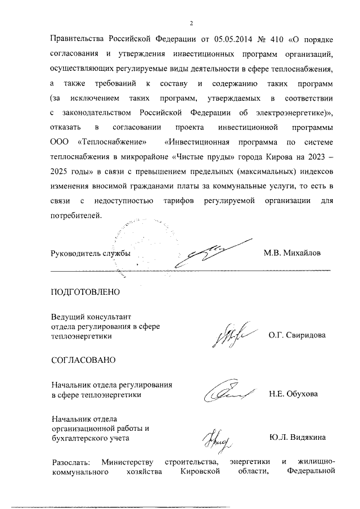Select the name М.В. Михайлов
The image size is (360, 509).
(292, 253)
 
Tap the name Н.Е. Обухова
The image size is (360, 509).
(293, 394)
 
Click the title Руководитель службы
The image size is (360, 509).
(91, 253)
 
